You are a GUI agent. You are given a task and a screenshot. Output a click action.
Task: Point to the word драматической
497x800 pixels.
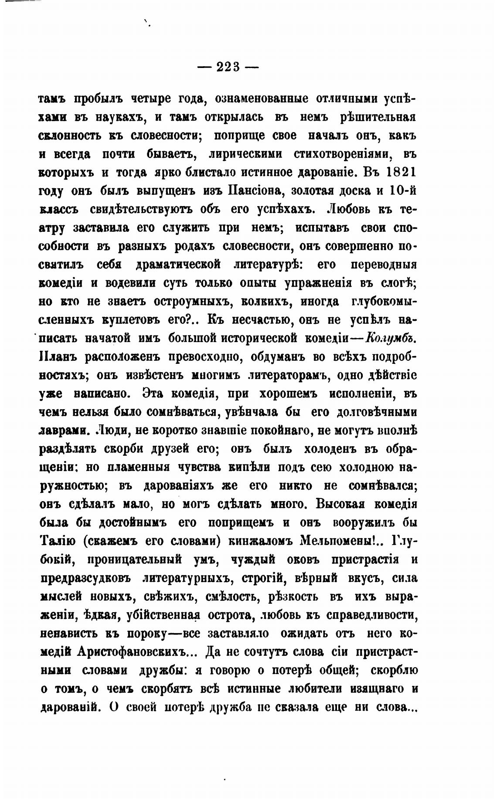click(x=178, y=264)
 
